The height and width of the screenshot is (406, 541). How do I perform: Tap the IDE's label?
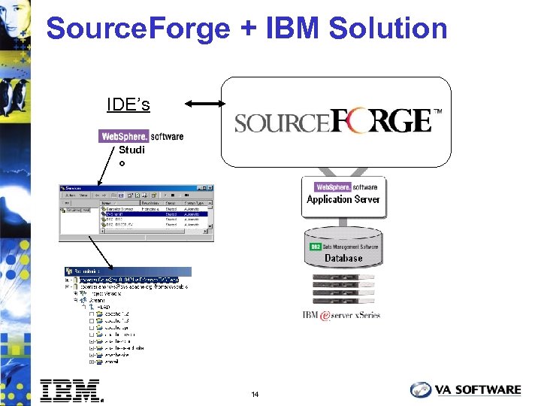click(128, 105)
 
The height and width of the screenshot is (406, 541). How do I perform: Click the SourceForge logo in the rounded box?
click(333, 121)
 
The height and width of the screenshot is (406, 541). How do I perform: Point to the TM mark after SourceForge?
click(437, 112)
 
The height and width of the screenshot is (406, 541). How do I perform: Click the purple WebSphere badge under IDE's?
click(124, 136)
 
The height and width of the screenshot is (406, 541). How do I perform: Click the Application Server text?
click(343, 200)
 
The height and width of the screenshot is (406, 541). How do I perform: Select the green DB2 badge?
click(315, 247)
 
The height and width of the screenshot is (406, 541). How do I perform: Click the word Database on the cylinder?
click(343, 258)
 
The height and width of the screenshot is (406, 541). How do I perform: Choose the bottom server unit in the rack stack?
click(343, 301)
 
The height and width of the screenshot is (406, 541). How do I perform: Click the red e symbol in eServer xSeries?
click(325, 315)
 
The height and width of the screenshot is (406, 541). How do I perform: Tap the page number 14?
click(255, 395)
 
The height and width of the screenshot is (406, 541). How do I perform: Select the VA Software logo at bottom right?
click(465, 389)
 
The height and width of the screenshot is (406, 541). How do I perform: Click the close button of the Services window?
click(210, 188)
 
